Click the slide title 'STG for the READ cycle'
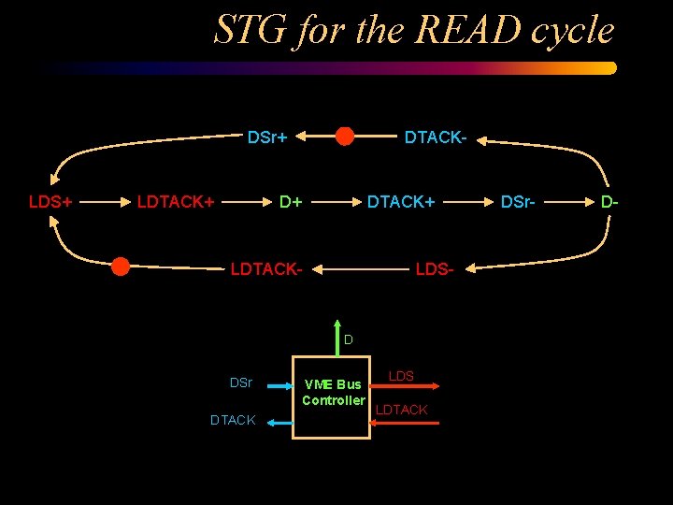point(414,30)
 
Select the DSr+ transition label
point(266,137)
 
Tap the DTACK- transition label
point(435,137)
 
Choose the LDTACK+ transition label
point(176,201)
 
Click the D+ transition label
point(292,201)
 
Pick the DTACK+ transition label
point(400,201)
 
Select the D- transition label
point(609,201)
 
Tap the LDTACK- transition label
point(266,270)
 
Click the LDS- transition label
point(434,270)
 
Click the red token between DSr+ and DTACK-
point(345,137)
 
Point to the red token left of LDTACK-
point(121,267)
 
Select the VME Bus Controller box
point(332,397)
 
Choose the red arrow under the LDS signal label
point(405,384)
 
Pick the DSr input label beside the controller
point(241,382)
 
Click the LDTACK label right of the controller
point(401,410)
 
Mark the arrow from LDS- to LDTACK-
point(365,270)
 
